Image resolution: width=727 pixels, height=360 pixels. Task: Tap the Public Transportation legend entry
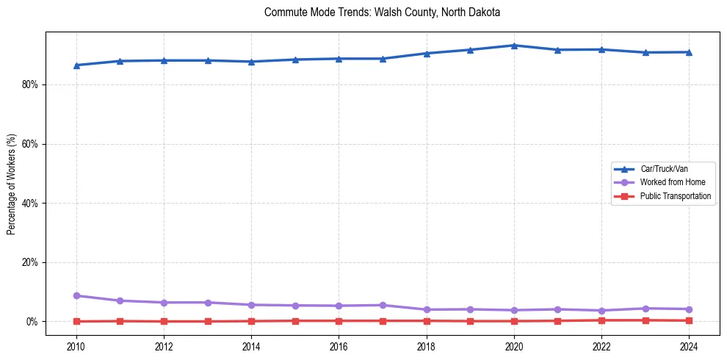[675, 196]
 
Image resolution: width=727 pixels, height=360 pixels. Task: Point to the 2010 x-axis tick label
[76, 346]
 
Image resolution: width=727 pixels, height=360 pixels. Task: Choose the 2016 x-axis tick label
[339, 346]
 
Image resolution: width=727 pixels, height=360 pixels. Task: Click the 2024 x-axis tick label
[689, 346]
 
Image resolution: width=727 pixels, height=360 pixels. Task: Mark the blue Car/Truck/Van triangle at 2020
[514, 46]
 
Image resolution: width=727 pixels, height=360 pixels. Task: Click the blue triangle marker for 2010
[76, 65]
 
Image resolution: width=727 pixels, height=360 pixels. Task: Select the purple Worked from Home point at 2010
[76, 295]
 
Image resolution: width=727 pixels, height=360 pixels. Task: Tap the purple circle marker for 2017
[383, 305]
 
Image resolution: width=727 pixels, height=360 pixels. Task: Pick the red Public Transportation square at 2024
[689, 320]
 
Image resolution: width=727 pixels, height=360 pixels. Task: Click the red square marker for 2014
[251, 321]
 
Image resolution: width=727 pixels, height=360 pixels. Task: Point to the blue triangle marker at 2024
[689, 52]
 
